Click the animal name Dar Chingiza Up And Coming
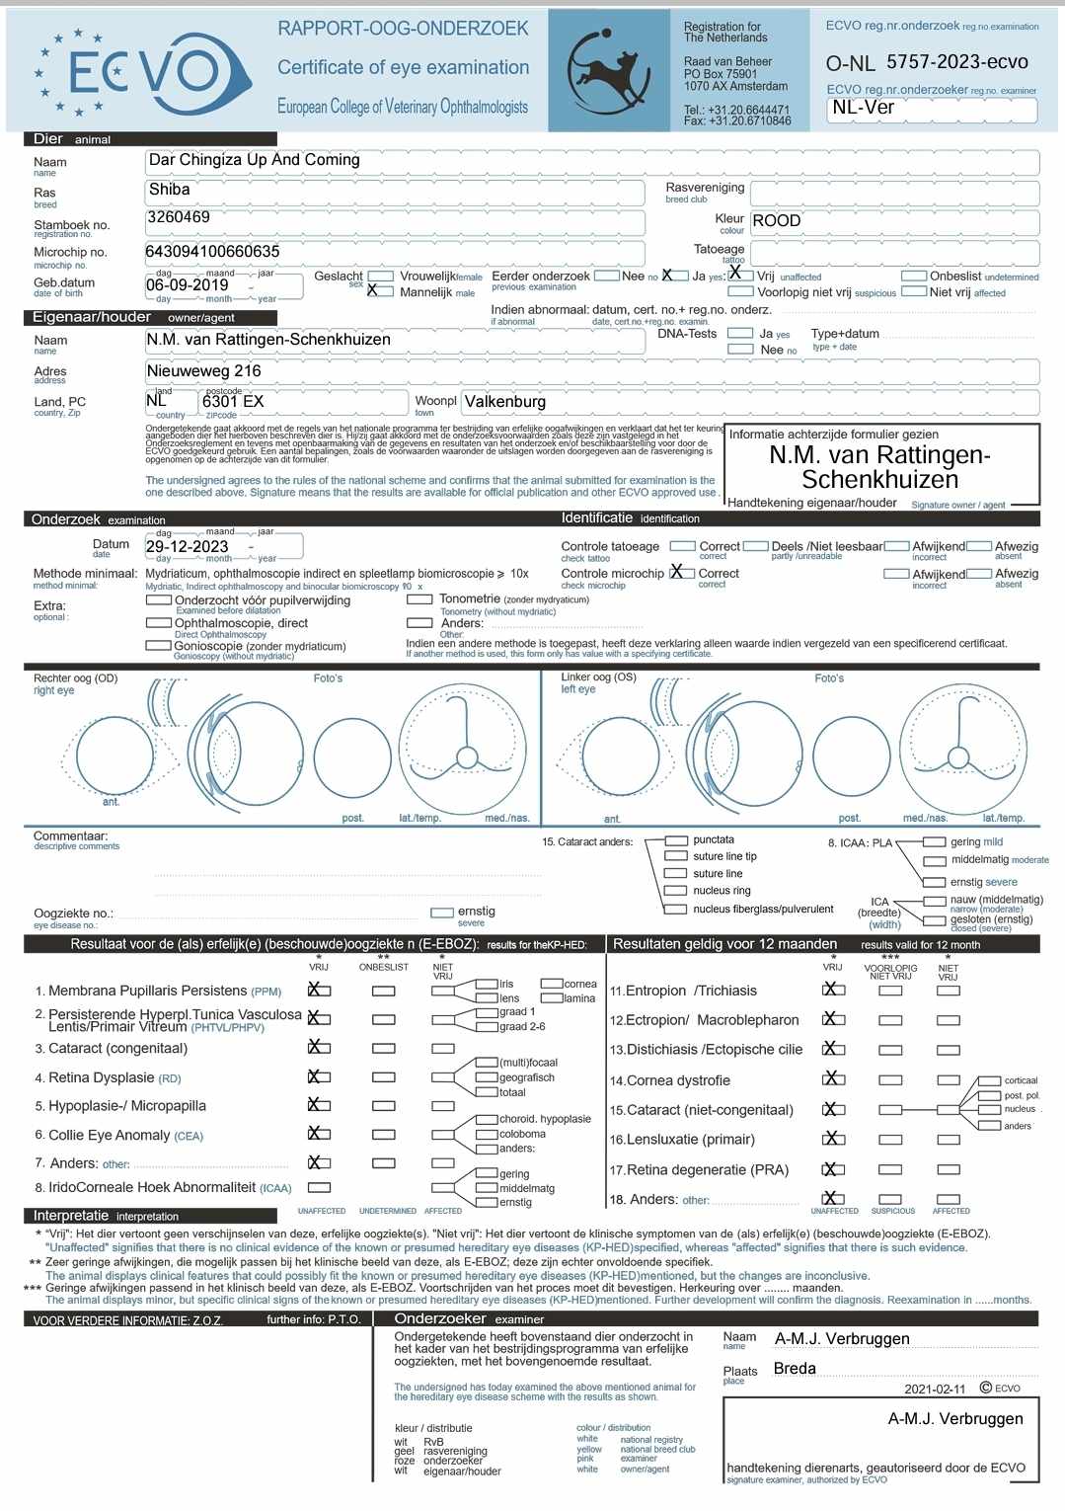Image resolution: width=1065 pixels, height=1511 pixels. (x=254, y=160)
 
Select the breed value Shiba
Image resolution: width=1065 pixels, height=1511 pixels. (x=169, y=190)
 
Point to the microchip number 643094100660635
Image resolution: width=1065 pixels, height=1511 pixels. (x=212, y=252)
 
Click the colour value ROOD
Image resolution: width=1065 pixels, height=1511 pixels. (x=777, y=221)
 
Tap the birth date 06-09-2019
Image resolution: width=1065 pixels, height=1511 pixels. (x=188, y=285)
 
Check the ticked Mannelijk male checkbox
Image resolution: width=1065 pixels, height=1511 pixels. (x=373, y=290)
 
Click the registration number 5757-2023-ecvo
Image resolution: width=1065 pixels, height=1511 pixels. (x=956, y=62)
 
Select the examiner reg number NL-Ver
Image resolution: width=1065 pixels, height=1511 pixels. (x=863, y=108)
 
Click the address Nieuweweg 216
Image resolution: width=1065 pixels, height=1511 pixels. (x=204, y=371)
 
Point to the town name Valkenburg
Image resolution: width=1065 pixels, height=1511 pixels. (x=505, y=402)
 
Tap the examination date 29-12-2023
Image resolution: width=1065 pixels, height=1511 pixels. (x=188, y=547)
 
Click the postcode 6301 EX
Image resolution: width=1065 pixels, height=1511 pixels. (x=233, y=402)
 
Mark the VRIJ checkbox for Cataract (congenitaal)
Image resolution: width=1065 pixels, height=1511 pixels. (x=317, y=1047)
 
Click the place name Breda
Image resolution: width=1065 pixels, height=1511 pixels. (x=795, y=1369)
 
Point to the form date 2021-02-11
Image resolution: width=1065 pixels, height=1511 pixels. (x=935, y=1389)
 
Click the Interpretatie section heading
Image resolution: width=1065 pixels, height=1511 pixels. (x=71, y=1216)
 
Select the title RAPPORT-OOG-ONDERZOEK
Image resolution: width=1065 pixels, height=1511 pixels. (x=403, y=29)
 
